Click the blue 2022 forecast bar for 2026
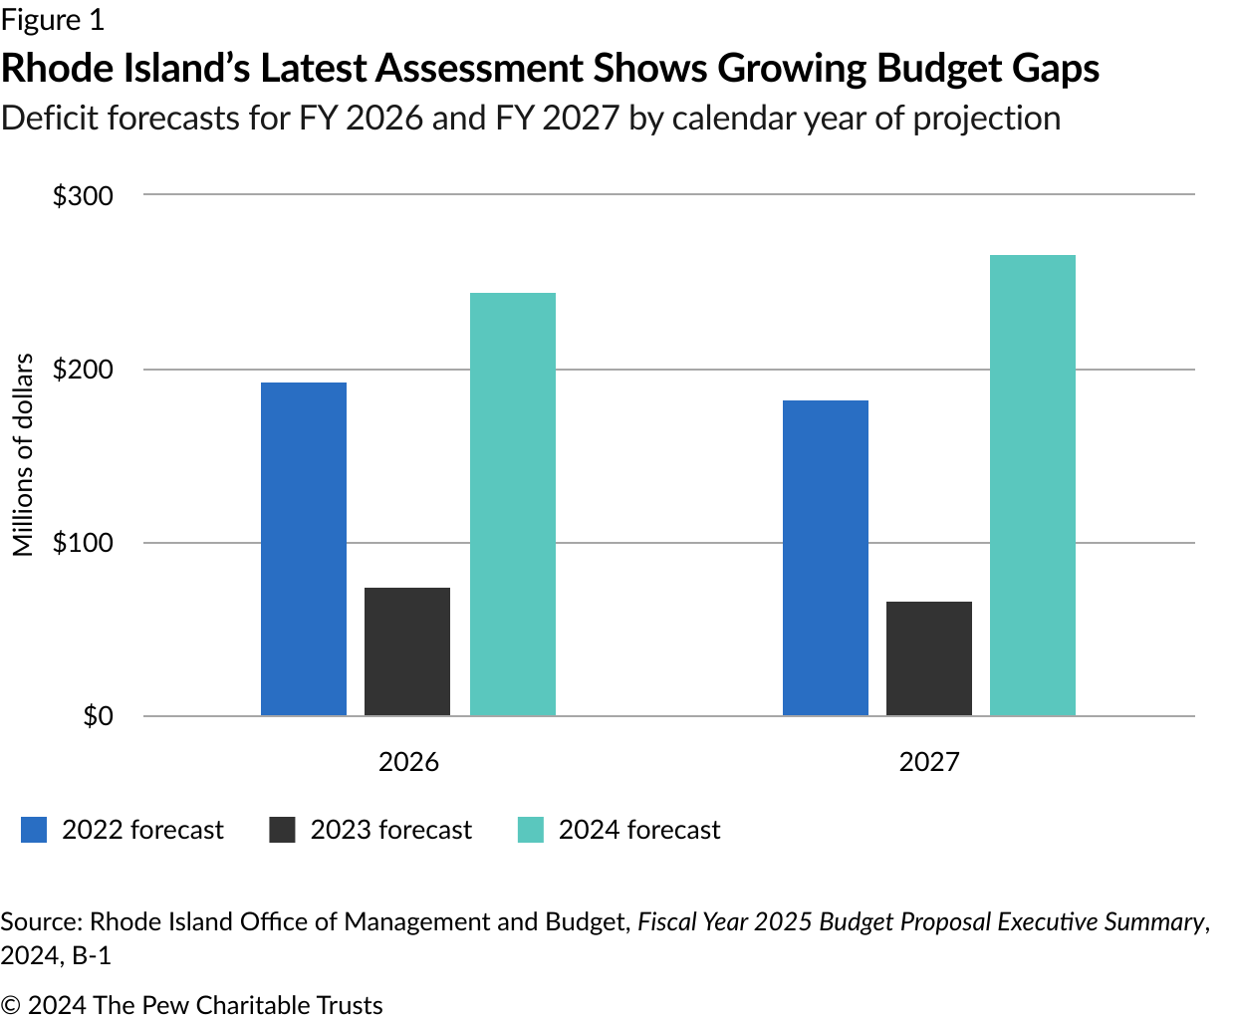point(304,549)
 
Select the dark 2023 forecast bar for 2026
point(407,651)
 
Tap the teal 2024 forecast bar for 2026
point(513,504)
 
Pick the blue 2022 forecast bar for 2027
point(826,558)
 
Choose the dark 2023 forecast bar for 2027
point(929,658)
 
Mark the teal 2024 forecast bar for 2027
point(1033,485)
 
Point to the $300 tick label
point(84,196)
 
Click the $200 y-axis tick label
point(84,370)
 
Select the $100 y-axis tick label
point(84,543)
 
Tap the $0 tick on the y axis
point(98,716)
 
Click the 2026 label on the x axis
point(408,762)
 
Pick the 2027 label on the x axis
point(929,762)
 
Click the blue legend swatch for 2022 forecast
point(34,830)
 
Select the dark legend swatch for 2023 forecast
point(283,830)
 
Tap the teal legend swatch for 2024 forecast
point(531,830)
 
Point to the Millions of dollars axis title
point(23,455)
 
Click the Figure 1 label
point(52,20)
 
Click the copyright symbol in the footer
point(11,1006)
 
